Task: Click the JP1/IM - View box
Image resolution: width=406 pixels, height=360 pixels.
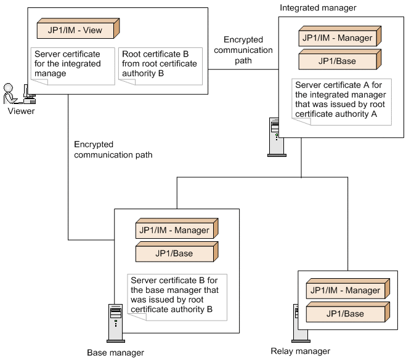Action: (x=77, y=29)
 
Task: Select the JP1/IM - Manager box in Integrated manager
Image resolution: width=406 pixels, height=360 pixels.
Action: (x=336, y=38)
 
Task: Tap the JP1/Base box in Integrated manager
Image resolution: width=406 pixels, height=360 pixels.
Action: (x=336, y=61)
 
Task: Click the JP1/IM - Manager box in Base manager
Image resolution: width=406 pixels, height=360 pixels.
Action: (x=174, y=231)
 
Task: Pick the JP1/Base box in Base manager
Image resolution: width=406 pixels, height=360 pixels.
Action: (x=174, y=253)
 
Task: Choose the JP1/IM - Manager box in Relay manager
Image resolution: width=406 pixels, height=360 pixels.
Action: (x=345, y=290)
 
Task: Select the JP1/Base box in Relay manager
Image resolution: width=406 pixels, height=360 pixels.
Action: (x=345, y=313)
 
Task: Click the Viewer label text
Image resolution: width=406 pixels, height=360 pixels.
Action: (x=21, y=111)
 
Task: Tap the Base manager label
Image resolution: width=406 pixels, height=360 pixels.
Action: (x=115, y=353)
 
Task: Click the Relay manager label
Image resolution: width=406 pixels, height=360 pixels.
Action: (x=300, y=351)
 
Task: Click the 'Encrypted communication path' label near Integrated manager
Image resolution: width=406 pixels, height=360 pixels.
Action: (x=248, y=50)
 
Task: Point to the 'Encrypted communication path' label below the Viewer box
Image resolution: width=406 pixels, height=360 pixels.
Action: (x=113, y=150)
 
